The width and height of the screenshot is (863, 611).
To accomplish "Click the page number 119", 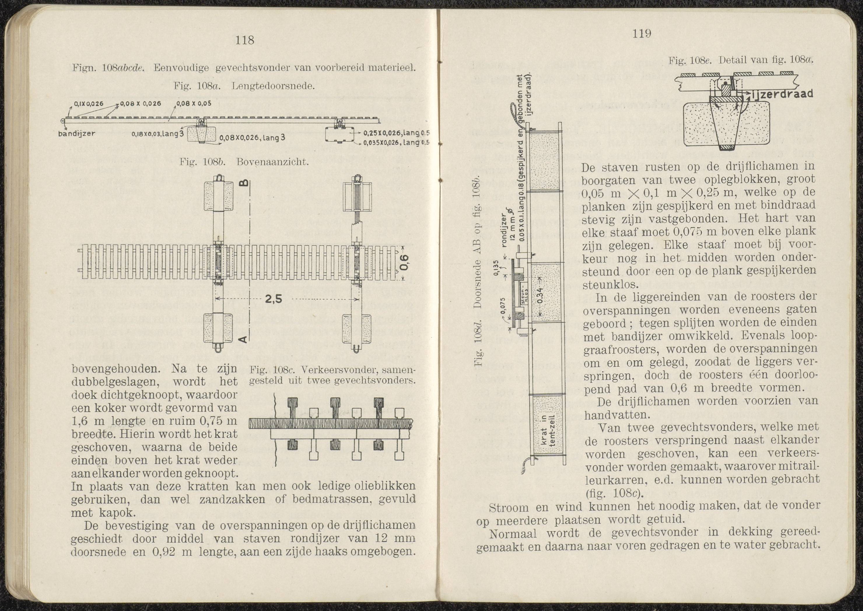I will (x=642, y=34).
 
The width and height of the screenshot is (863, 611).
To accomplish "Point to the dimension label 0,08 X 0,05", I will (x=193, y=104).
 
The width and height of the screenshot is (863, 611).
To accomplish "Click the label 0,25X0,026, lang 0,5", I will (x=396, y=133).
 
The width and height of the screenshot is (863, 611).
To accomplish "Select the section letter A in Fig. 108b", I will (x=244, y=339).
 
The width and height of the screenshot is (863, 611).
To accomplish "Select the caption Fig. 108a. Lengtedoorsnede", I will (x=244, y=86).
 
